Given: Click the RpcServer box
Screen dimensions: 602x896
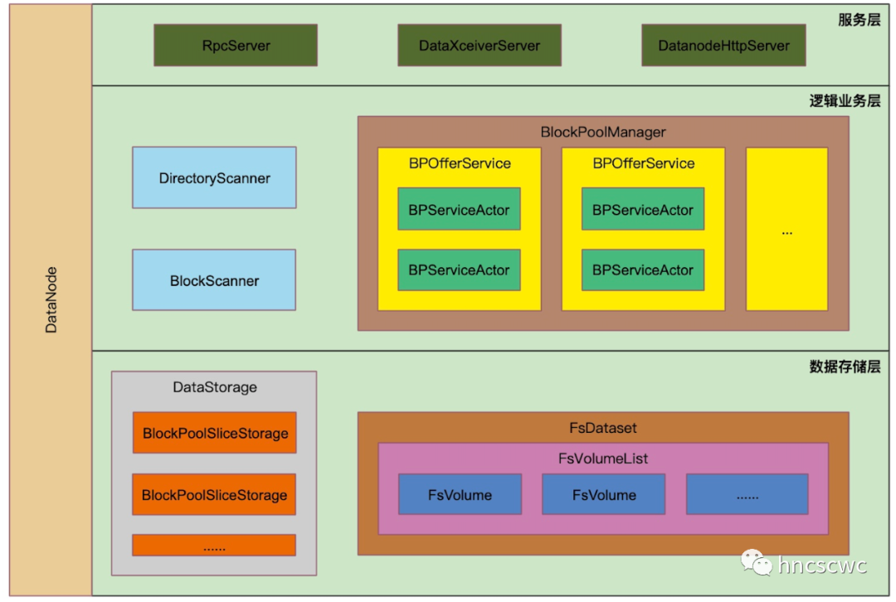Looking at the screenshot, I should (236, 46).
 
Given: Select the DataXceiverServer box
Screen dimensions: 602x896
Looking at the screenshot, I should (480, 46).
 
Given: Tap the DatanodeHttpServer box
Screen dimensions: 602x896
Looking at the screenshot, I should (723, 46).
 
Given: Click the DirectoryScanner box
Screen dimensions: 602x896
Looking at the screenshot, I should (214, 178).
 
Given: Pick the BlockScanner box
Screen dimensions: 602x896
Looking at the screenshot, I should (214, 280).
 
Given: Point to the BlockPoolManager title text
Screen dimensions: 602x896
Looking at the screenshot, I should (603, 132).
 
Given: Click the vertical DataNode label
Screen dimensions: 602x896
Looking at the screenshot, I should (51, 299).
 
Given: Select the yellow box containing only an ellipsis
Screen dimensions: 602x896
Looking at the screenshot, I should (786, 230).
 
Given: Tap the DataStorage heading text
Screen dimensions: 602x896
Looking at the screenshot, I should (214, 387).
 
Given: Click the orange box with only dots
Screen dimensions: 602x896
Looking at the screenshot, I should (214, 546).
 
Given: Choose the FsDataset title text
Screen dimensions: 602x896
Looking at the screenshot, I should (603, 428).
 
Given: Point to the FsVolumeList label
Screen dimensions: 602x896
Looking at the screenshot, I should (603, 459).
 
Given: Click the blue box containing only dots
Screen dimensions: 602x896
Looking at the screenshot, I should (747, 495).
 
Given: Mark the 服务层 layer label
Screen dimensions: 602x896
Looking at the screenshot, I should (859, 20).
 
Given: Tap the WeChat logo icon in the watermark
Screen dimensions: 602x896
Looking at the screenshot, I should (757, 564).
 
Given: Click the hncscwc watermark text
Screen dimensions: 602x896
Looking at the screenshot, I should (822, 566).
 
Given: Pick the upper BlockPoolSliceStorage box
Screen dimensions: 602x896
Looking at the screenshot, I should (214, 433).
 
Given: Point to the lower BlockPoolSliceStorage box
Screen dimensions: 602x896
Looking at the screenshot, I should (214, 495).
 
